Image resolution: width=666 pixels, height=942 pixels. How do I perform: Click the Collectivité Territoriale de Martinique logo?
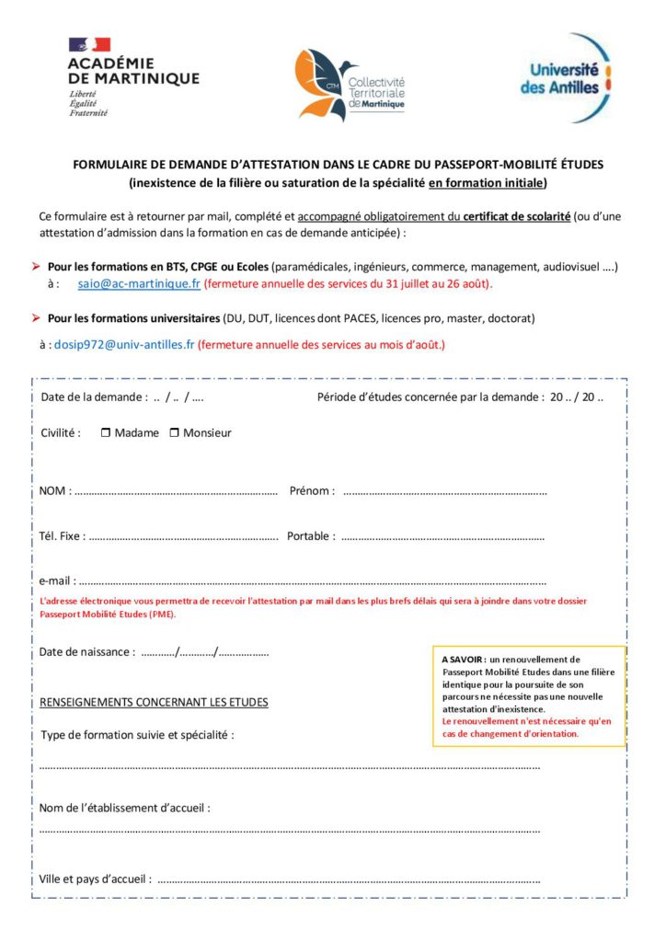click(x=350, y=86)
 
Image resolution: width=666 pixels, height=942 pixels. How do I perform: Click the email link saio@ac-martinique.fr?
click(x=139, y=284)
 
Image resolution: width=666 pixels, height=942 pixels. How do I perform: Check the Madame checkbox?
click(x=106, y=432)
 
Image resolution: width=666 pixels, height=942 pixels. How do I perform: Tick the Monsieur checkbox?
click(x=175, y=432)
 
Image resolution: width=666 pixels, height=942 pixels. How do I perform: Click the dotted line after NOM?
click(x=176, y=492)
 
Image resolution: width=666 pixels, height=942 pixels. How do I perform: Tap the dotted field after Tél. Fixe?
click(x=184, y=537)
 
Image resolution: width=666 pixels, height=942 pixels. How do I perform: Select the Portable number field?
click(x=442, y=537)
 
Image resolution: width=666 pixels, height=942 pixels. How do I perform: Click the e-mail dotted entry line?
click(x=312, y=582)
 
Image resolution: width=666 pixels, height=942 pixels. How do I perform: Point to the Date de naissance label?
click(x=86, y=651)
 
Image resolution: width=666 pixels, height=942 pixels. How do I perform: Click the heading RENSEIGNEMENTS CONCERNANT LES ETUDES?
click(x=154, y=702)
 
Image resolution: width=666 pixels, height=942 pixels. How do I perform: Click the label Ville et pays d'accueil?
click(x=95, y=879)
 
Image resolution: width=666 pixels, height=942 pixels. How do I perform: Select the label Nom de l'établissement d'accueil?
click(x=124, y=808)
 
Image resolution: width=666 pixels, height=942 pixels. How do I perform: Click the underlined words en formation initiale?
click(x=487, y=182)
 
